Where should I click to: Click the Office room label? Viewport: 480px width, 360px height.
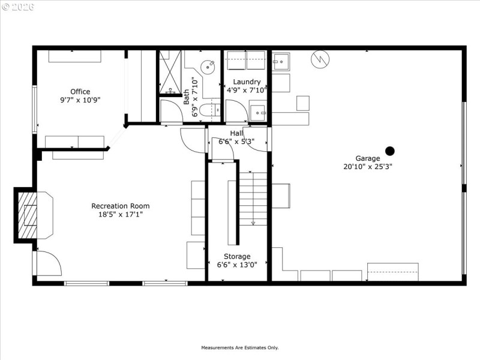coord(80,92)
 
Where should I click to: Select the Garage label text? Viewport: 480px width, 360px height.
coord(368,158)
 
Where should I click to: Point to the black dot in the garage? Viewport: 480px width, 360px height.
coord(390,151)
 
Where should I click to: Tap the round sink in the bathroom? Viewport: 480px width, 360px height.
coord(208,67)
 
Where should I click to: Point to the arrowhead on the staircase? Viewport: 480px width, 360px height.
coord(253,223)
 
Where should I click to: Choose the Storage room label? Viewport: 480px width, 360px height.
coord(238,256)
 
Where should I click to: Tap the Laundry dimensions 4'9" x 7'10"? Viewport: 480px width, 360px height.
coord(247,89)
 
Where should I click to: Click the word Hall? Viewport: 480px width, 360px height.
coord(236,133)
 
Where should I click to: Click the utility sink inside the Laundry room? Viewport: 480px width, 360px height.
coord(258,112)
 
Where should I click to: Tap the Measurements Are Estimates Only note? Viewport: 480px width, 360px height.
coord(239,347)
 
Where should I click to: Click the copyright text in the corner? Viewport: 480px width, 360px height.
coord(18,7)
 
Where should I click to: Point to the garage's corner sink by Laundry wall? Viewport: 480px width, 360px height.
coord(281,61)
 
